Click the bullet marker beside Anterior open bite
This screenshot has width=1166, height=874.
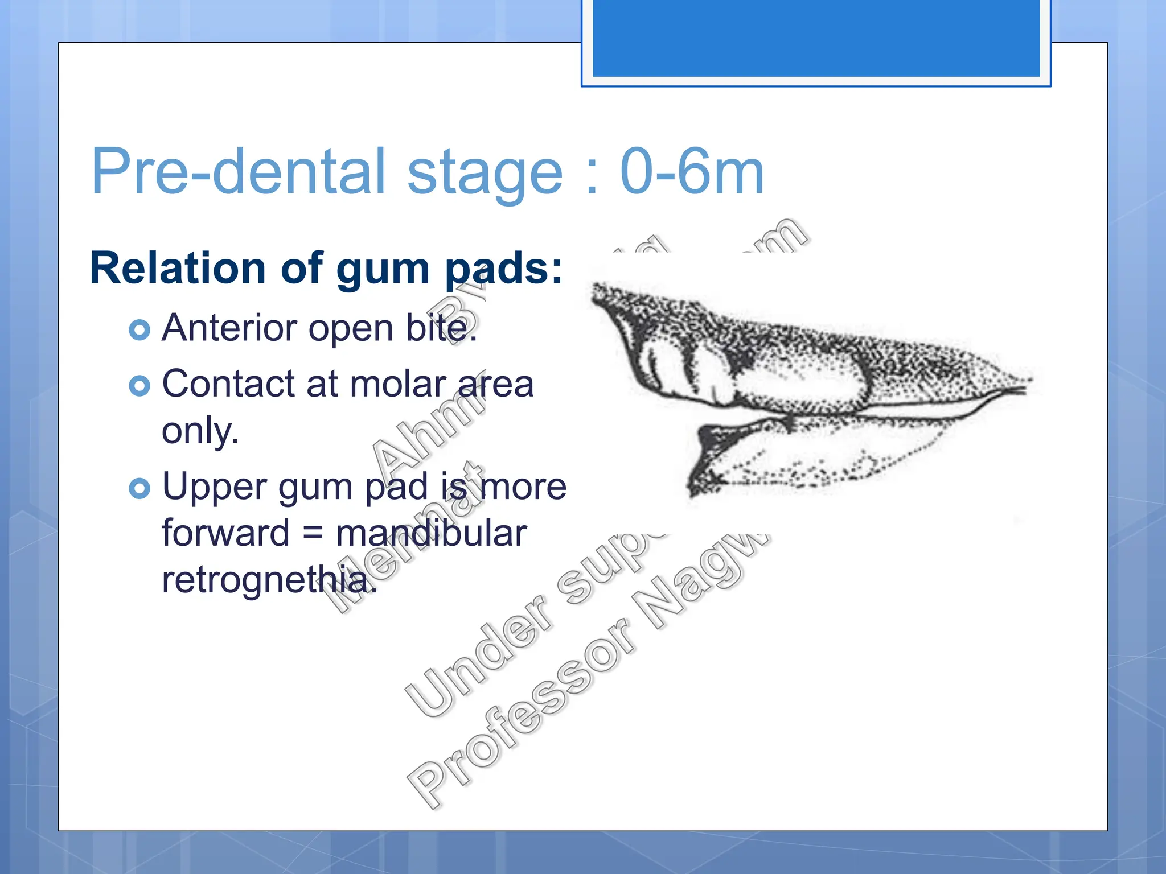139,329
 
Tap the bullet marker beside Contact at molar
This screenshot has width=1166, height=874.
139,386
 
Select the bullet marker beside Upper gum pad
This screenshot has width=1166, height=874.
139,488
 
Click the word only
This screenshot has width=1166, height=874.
200,431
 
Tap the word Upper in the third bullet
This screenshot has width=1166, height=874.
214,487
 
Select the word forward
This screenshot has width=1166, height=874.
225,533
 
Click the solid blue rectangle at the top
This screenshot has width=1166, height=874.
816,38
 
